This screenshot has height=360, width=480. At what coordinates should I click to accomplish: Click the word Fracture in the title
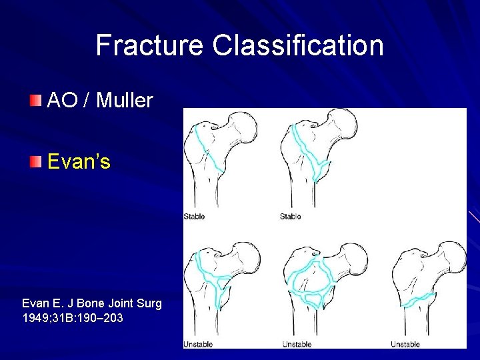(x=150, y=46)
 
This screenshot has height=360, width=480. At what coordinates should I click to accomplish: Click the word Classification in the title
(x=298, y=46)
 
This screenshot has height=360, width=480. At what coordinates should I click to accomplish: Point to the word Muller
(x=125, y=101)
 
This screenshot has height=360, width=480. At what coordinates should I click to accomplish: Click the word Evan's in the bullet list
(x=79, y=161)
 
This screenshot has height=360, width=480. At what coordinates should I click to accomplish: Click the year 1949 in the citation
(x=37, y=318)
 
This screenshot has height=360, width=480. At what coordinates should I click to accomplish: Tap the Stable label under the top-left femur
(x=195, y=217)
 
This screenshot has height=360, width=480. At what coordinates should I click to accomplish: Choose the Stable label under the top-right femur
(x=291, y=217)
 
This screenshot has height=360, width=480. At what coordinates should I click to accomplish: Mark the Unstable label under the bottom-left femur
(x=198, y=344)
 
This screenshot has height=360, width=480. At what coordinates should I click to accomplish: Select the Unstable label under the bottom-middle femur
(x=297, y=344)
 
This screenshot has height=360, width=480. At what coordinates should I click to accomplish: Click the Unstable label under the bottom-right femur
(x=405, y=344)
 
